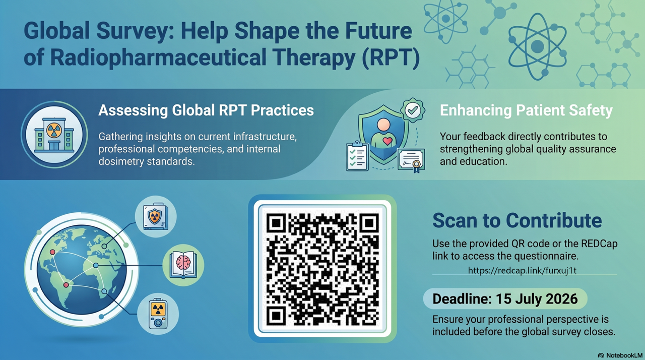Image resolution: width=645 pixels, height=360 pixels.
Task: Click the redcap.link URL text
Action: point(522,270)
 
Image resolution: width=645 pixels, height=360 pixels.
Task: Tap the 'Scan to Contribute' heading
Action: point(517,221)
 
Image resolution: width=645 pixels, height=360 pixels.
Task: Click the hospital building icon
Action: point(54,135)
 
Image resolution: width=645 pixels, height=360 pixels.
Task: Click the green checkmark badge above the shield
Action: point(413,110)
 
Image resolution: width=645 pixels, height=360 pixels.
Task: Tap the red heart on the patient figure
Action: point(388,141)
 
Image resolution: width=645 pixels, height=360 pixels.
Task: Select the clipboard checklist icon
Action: point(357,156)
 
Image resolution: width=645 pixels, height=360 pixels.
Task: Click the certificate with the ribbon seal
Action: point(411,160)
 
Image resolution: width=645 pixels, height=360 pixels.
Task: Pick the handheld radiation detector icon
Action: point(158,314)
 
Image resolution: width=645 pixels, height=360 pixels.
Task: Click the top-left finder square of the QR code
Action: point(276,223)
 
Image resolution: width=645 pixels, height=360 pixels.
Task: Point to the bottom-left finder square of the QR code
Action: point(276,316)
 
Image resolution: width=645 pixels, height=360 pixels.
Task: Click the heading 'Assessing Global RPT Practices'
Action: point(206,110)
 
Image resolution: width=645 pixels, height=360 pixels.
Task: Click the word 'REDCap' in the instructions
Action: point(599,244)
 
